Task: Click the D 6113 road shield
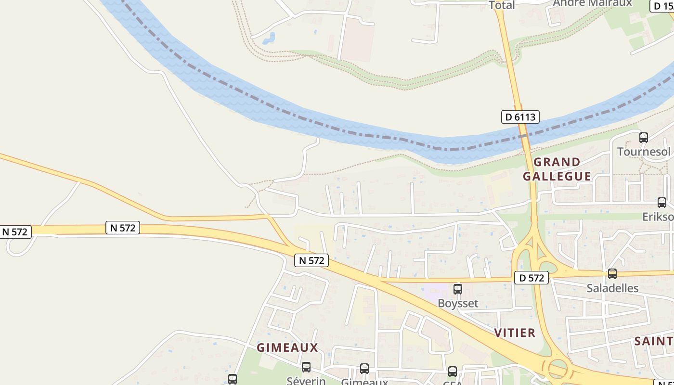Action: (x=520, y=117)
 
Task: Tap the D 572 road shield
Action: (x=531, y=278)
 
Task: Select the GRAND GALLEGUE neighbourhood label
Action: (x=557, y=169)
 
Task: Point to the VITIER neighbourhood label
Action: (x=515, y=333)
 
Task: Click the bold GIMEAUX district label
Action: (x=287, y=347)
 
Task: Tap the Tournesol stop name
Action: (x=644, y=152)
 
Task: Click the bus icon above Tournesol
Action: (x=644, y=138)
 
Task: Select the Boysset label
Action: (x=458, y=303)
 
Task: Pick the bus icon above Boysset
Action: (x=458, y=289)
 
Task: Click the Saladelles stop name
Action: (x=612, y=288)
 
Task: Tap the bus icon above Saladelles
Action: (x=612, y=274)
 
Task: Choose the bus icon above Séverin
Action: (x=306, y=367)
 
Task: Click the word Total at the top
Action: (x=502, y=5)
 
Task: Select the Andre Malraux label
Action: (x=592, y=3)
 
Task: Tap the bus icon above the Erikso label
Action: (x=662, y=203)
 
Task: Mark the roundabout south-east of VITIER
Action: (x=557, y=369)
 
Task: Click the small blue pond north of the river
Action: (x=269, y=38)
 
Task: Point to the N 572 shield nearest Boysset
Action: (x=311, y=260)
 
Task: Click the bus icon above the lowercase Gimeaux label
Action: (x=364, y=369)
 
